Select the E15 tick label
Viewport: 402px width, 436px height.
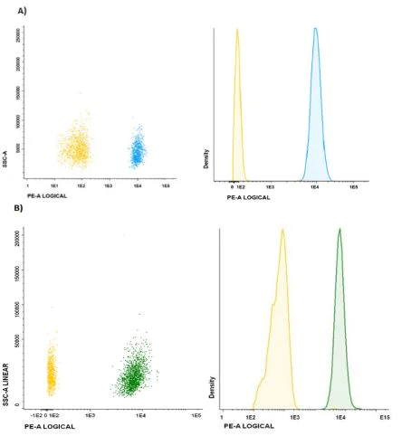[384, 416]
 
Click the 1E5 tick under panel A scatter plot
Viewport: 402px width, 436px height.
[166, 184]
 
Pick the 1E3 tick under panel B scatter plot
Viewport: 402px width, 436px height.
[90, 413]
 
